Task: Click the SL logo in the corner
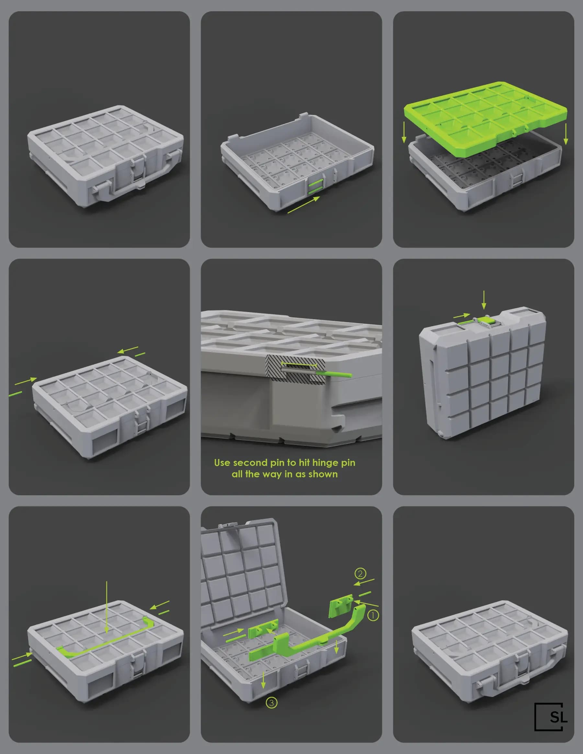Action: pos(551,717)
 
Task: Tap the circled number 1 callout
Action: pos(373,615)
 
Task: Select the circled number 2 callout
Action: pos(360,573)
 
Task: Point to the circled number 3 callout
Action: pos(271,702)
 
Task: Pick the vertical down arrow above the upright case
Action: pos(484,300)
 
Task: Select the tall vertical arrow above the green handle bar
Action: pos(107,608)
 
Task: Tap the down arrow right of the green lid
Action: pos(566,134)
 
